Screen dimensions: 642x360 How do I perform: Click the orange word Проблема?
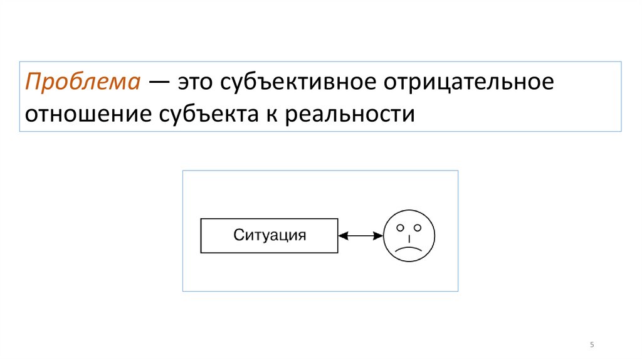point(82,83)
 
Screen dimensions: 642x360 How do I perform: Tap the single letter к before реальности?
point(279,115)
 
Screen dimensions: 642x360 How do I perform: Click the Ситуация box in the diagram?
point(269,236)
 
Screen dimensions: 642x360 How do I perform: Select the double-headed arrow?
point(360,236)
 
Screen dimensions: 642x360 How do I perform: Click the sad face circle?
point(409,236)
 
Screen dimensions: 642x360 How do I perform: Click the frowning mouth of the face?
point(409,249)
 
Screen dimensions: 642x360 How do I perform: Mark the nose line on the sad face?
point(409,238)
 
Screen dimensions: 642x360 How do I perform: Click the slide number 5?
point(592,346)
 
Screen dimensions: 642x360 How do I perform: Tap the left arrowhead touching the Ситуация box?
point(342,236)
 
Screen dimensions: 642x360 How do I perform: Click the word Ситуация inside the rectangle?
point(270,236)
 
